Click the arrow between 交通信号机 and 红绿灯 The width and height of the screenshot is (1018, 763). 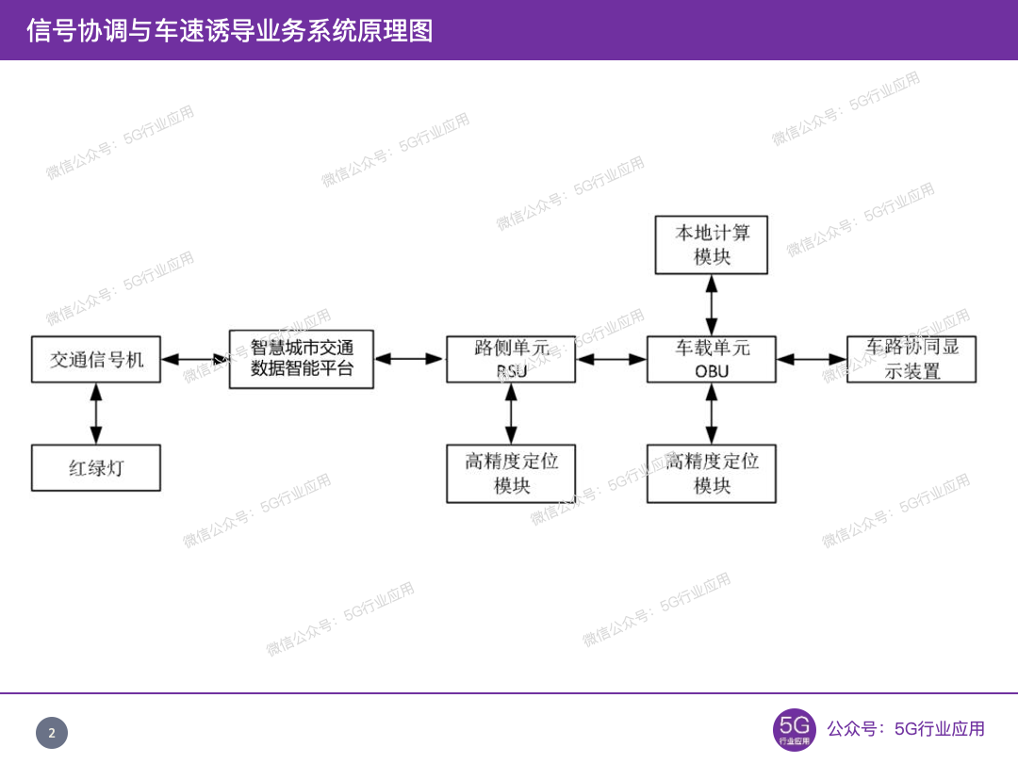[x=96, y=414]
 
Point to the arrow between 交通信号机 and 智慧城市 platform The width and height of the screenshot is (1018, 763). [x=195, y=359]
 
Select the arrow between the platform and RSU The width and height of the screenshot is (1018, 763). [x=410, y=359]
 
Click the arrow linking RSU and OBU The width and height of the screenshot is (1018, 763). [x=611, y=359]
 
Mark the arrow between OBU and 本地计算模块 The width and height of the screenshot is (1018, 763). [x=712, y=305]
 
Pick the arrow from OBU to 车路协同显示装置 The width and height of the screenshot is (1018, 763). [x=812, y=359]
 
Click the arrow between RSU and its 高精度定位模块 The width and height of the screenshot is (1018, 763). [x=511, y=414]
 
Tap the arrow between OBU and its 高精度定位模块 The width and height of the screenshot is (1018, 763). [x=712, y=414]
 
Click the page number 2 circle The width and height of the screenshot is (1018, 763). [x=52, y=733]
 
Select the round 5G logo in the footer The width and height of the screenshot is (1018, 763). [x=794, y=730]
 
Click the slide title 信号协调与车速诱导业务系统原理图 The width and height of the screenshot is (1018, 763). [x=230, y=30]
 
